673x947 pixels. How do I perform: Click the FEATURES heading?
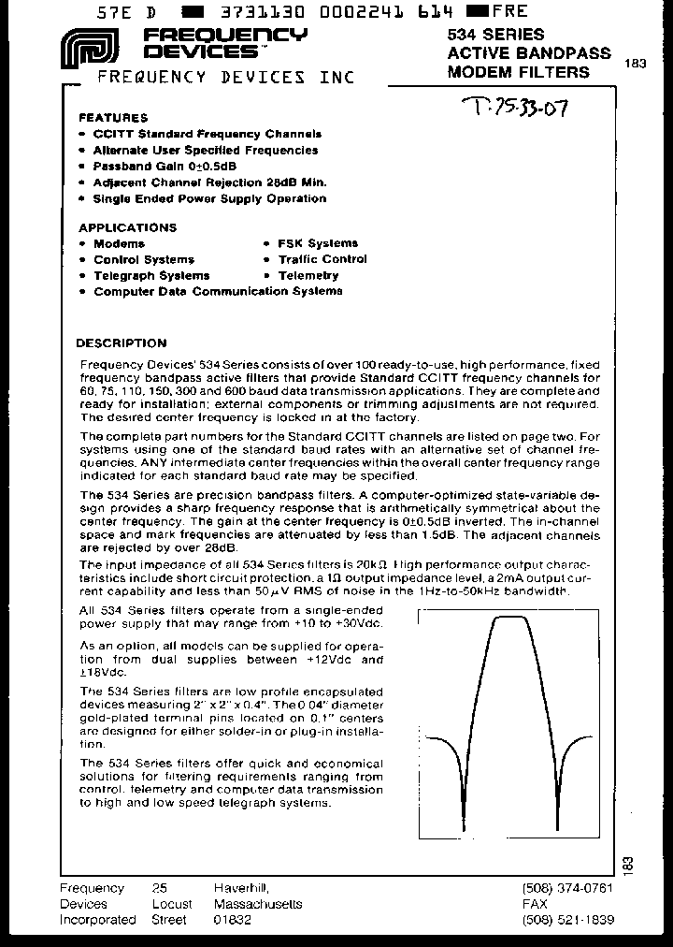click(113, 118)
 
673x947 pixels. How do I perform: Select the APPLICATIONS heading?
click(127, 227)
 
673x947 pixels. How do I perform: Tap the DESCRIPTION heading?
click(121, 342)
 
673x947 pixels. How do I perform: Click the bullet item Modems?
click(119, 243)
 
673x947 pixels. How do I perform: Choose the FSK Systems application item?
click(317, 243)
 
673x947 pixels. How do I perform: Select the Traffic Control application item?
click(322, 259)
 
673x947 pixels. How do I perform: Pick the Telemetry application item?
click(308, 275)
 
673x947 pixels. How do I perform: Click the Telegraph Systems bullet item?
click(151, 275)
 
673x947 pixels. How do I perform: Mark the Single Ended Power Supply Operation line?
click(209, 198)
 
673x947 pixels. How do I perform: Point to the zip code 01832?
click(233, 920)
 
